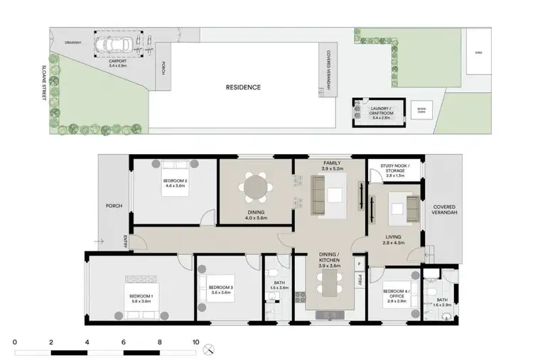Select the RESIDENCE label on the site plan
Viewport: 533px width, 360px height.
pos(243,87)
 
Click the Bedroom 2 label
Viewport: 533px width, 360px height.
pos(176,182)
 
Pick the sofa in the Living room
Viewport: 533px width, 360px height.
pos(412,209)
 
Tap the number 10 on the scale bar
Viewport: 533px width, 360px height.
pos(195,342)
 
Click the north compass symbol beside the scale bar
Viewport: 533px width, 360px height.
pos(209,349)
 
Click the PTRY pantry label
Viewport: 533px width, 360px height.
pos(360,278)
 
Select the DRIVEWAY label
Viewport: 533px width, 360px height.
pos(73,42)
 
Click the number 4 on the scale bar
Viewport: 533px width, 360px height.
pos(87,342)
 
